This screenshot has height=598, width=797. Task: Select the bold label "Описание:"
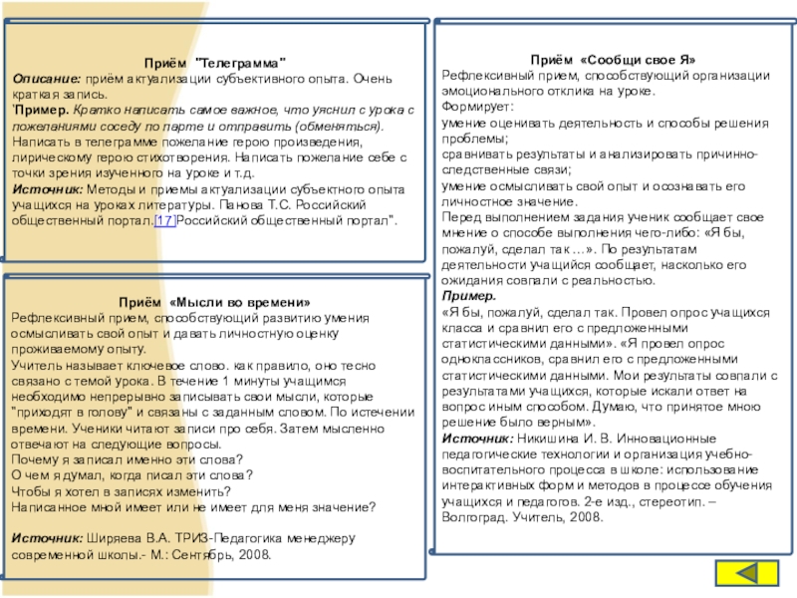[x=45, y=78]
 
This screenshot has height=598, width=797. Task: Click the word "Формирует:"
[x=478, y=108]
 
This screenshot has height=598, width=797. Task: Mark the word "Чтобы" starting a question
[x=31, y=490]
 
